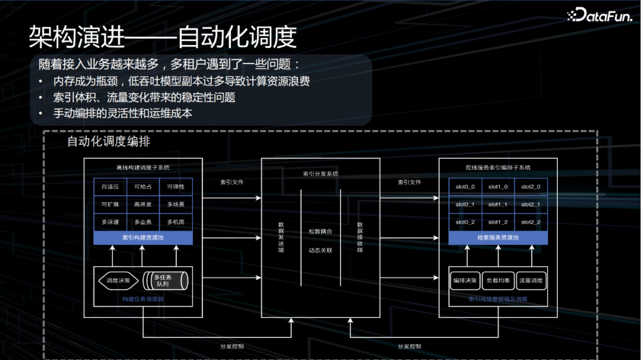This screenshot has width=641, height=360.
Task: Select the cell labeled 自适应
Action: pyautogui.click(x=110, y=187)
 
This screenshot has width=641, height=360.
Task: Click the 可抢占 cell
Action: pyautogui.click(x=143, y=187)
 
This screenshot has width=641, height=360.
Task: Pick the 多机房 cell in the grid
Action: pyautogui.click(x=176, y=222)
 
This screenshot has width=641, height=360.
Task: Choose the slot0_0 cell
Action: pyautogui.click(x=465, y=187)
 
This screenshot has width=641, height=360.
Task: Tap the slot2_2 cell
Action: pyautogui.click(x=531, y=222)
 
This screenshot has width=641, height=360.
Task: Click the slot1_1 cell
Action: pyautogui.click(x=497, y=205)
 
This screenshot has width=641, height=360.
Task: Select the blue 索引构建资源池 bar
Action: pyautogui.click(x=143, y=238)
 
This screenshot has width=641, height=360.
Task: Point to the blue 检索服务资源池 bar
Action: pyautogui.click(x=497, y=238)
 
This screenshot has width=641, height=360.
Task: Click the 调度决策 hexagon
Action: pyautogui.click(x=118, y=281)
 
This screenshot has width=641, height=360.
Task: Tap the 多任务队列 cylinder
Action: pyautogui.click(x=164, y=281)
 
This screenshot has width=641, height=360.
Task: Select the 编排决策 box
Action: pyautogui.click(x=465, y=281)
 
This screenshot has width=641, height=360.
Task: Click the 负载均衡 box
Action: pyautogui.click(x=497, y=281)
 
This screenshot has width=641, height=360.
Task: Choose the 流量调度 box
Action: pyautogui.click(x=531, y=281)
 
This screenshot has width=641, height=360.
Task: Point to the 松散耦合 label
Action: pyautogui.click(x=320, y=231)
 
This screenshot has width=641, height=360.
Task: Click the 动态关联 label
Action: pyautogui.click(x=320, y=250)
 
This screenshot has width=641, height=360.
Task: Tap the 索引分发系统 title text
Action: pyautogui.click(x=320, y=174)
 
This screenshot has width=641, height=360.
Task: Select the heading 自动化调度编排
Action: pyautogui.click(x=108, y=142)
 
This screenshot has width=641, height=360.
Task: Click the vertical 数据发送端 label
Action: pyautogui.click(x=281, y=237)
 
